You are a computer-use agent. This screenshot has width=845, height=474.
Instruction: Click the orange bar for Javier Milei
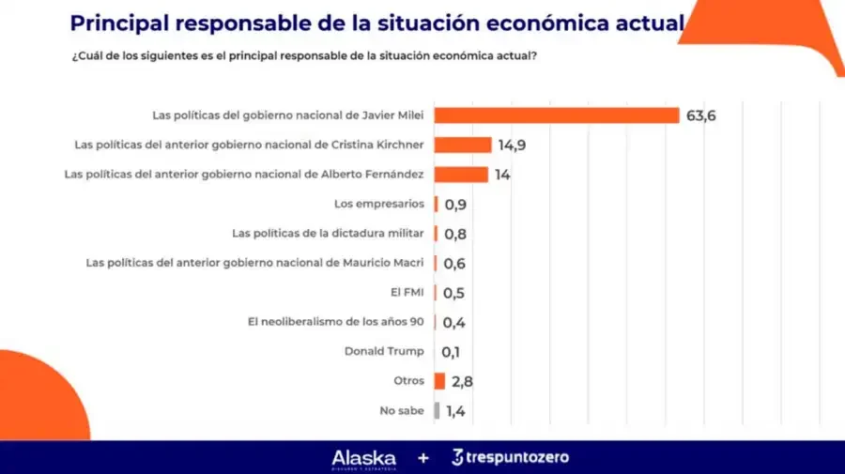point(557,115)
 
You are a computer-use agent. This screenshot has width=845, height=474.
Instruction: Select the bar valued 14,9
point(463,145)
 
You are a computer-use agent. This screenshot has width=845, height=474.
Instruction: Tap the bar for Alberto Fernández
point(461,175)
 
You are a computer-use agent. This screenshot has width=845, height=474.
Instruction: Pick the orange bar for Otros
point(439,381)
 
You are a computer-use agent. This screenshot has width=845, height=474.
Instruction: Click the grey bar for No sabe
point(437,410)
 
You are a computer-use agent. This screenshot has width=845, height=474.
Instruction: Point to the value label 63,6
point(701,115)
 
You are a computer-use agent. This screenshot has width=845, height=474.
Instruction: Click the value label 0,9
point(455,205)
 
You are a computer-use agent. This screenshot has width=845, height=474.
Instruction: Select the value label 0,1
point(451,352)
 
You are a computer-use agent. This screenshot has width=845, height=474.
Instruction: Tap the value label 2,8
point(462,382)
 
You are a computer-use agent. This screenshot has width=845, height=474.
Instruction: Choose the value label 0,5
point(453,293)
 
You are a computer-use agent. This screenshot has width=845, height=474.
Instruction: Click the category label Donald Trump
point(384,351)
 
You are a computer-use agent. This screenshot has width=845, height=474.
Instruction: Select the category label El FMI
point(407,292)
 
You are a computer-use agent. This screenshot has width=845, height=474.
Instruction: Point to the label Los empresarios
point(379,204)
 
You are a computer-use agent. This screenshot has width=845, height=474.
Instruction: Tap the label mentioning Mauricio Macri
point(254,263)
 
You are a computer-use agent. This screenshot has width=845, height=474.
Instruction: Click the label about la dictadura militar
point(329,233)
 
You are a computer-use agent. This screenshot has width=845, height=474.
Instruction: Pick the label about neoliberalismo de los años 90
point(336,322)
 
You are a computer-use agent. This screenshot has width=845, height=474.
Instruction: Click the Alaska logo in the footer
point(363,459)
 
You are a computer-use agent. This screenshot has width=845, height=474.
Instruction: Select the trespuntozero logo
point(511,457)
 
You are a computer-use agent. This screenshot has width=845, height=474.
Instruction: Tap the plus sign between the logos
point(423,458)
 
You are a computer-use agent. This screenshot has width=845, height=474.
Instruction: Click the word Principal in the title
point(119,23)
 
